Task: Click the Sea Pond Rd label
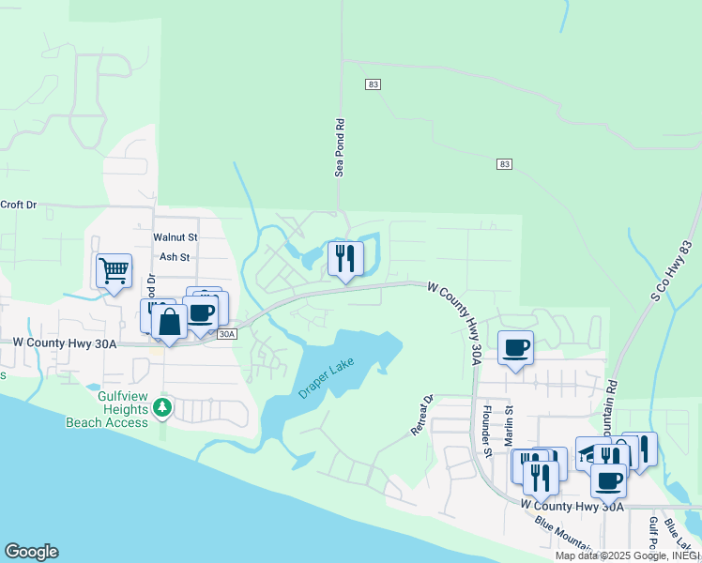(341, 146)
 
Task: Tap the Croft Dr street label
(18, 204)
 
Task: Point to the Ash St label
(175, 256)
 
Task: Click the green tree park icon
(163, 407)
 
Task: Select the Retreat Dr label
(421, 414)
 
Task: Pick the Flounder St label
(486, 426)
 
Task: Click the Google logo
(31, 552)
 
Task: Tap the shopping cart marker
(113, 271)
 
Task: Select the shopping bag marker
(169, 324)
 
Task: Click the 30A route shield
(226, 333)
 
